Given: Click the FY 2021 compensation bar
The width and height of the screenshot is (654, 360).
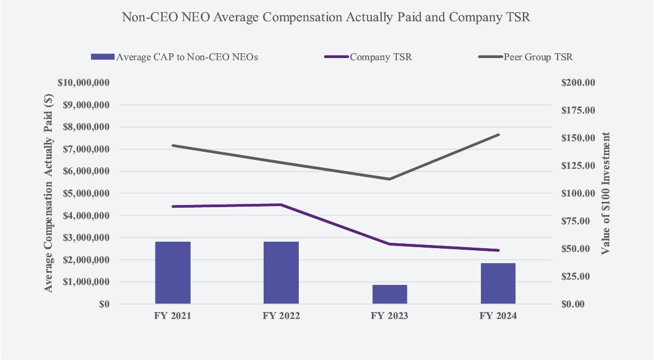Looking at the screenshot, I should (x=173, y=273).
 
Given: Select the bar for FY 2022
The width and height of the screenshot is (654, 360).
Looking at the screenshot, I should (x=281, y=273).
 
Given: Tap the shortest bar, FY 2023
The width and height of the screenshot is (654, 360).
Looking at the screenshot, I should (x=389, y=294).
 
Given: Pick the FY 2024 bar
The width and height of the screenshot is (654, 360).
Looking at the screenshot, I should (x=498, y=283).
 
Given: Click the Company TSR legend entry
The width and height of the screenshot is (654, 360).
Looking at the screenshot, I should (x=380, y=57).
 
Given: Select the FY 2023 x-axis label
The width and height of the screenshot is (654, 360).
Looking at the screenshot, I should (x=389, y=316).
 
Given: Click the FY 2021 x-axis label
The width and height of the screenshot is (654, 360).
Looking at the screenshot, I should (x=173, y=316).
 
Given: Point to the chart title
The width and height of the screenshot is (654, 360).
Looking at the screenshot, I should (x=326, y=17).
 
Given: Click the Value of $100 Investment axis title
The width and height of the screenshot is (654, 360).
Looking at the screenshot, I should (x=606, y=194).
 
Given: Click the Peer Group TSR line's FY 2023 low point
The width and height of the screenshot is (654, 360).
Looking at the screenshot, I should (x=389, y=179).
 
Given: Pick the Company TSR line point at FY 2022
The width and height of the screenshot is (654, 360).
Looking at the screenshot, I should (x=281, y=204).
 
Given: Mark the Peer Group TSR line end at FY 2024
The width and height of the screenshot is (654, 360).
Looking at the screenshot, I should (x=498, y=135).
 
